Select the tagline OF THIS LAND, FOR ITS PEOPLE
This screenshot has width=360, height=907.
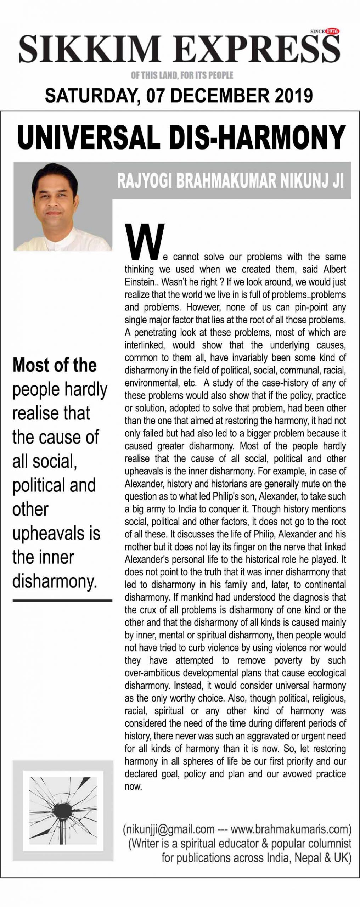182,75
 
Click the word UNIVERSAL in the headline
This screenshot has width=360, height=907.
88,138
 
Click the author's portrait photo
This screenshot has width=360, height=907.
63,207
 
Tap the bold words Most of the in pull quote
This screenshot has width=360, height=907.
54,365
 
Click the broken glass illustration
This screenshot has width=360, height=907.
63,801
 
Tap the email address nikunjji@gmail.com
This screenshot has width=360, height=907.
169,829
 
